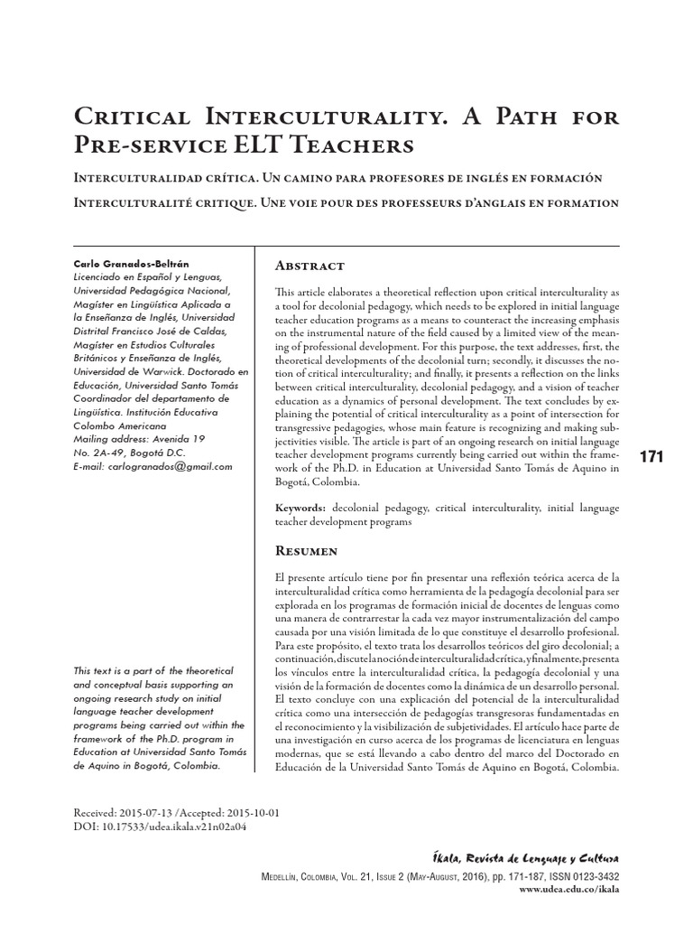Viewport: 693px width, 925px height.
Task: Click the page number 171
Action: [651, 457]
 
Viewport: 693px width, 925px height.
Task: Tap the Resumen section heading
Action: [307, 550]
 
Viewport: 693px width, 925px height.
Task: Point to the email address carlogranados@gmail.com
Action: [169, 467]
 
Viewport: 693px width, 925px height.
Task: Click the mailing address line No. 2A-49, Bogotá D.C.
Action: [129, 453]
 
